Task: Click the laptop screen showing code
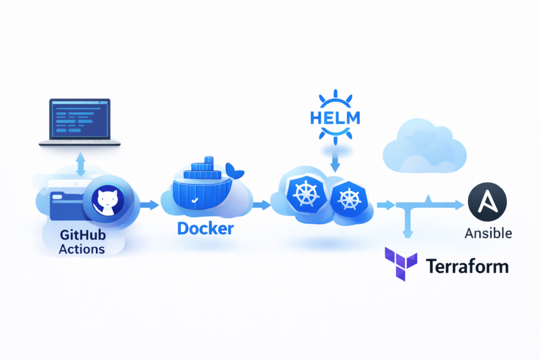(80, 118)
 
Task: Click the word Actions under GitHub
(82, 249)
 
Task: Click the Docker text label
(205, 229)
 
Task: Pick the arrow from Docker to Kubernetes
(260, 205)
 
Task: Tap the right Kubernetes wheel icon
(348, 199)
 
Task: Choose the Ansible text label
(488, 232)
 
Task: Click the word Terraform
(467, 266)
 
